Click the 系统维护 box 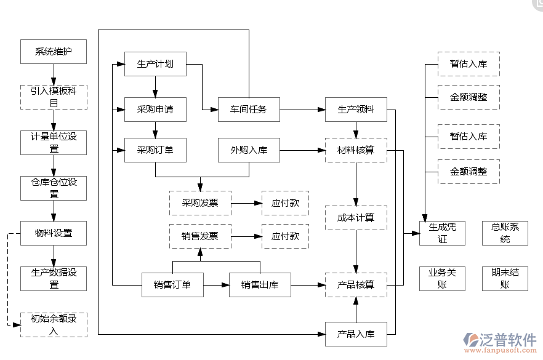click(54, 52)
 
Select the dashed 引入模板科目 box click(54, 97)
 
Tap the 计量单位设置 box click(54, 142)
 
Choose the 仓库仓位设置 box click(54, 188)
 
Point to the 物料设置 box click(54, 233)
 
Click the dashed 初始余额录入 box click(54, 324)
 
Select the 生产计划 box click(155, 64)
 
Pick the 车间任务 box click(249, 110)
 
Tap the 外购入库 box click(249, 150)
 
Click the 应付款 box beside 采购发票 click(285, 203)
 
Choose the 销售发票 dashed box click(200, 236)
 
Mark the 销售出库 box click(260, 285)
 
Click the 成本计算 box click(356, 218)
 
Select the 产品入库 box click(356, 334)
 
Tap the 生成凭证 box click(442, 233)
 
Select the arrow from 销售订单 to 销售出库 click(216, 285)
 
